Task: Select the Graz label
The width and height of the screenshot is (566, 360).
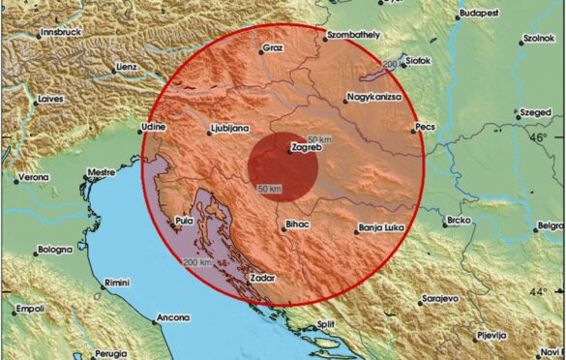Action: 271,48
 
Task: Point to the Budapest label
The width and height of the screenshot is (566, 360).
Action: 478,14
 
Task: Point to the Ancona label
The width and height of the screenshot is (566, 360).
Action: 173,317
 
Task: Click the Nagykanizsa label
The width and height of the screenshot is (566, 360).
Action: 372,98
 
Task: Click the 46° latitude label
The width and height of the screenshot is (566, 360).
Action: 539,136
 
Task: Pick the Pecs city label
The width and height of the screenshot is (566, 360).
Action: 427,127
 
